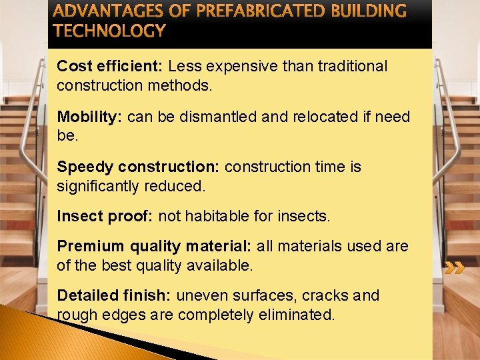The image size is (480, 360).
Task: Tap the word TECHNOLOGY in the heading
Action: pos(109,31)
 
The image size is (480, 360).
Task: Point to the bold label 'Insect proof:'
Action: pos(105,217)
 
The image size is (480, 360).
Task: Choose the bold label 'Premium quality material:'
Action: pos(154,247)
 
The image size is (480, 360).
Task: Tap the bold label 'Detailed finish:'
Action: pos(114,296)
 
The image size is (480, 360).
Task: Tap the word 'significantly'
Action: pos(99,187)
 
